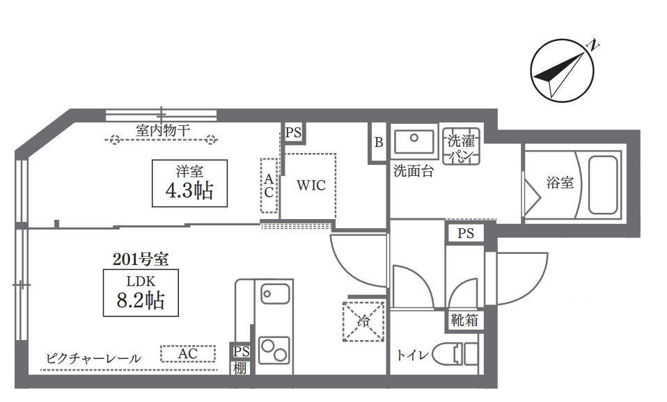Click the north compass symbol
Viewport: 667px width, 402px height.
(x=562, y=71)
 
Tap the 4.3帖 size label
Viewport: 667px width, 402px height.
(x=189, y=190)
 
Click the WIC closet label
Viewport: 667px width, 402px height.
(x=311, y=186)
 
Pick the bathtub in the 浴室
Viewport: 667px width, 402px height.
(x=602, y=184)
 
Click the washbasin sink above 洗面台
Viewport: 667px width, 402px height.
(x=414, y=140)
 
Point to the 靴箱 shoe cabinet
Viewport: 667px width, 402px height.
(x=463, y=321)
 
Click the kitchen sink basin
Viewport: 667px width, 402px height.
(x=274, y=294)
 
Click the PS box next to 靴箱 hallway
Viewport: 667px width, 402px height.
(x=465, y=234)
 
